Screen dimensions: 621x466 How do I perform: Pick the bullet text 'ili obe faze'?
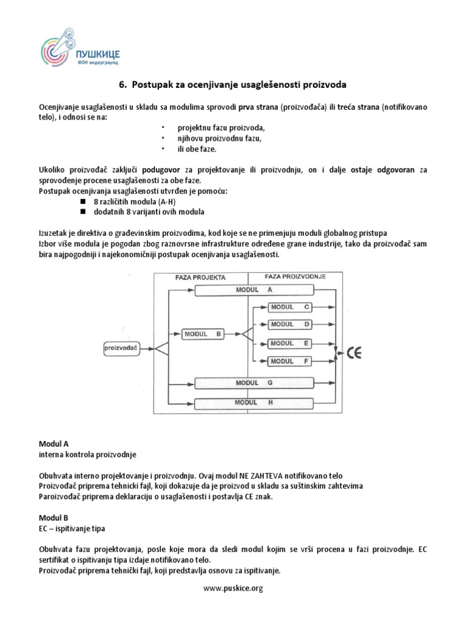pos(197,149)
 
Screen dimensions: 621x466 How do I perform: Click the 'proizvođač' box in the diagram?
pos(121,348)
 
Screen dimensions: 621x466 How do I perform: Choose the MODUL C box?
pos(290,307)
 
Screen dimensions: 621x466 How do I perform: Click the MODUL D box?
pos(290,324)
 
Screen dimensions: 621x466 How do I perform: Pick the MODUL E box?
pos(290,343)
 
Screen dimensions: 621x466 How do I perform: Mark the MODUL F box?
pos(290,361)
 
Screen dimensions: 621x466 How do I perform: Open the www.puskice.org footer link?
pos(232,588)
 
